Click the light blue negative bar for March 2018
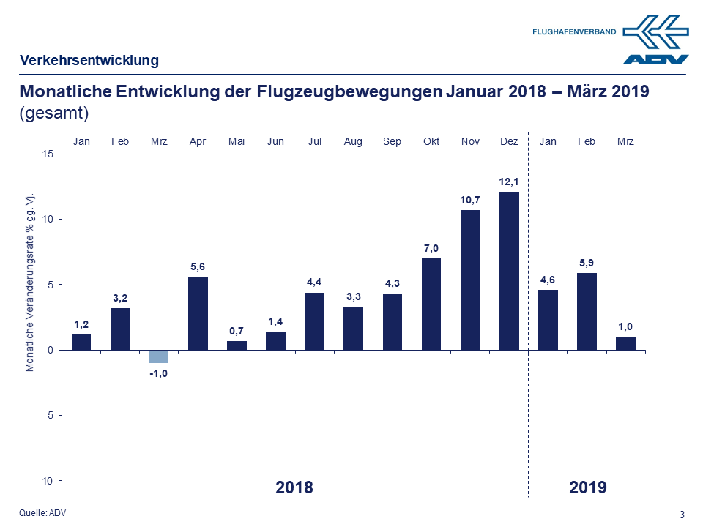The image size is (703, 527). click(x=159, y=356)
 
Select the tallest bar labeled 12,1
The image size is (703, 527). click(x=508, y=271)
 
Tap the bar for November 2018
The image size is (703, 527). click(x=469, y=280)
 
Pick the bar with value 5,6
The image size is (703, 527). click(x=198, y=313)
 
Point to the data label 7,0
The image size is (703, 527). click(x=431, y=249)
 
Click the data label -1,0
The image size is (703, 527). click(x=159, y=373)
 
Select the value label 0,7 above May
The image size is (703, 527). click(x=237, y=332)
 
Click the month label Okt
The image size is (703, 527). click(x=431, y=141)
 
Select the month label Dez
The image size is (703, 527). click(x=508, y=141)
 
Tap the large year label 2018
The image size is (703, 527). click(x=294, y=487)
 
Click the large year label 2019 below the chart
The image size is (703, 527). click(x=587, y=487)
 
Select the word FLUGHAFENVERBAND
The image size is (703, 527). click(x=574, y=32)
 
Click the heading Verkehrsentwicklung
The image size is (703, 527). click(x=89, y=60)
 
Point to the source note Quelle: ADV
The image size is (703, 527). click(x=42, y=512)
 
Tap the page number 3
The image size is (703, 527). click(x=682, y=515)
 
